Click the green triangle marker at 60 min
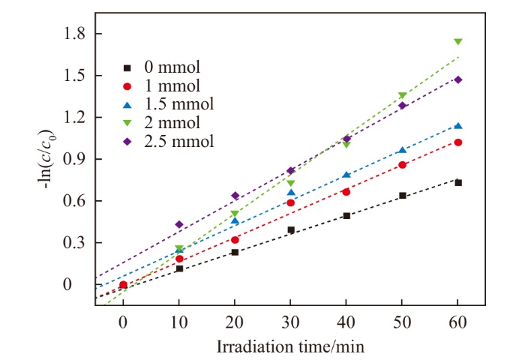457,42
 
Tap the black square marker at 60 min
457,182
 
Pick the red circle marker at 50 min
402,165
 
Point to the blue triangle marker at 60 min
457,126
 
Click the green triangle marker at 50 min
402,96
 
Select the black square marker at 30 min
291,229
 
